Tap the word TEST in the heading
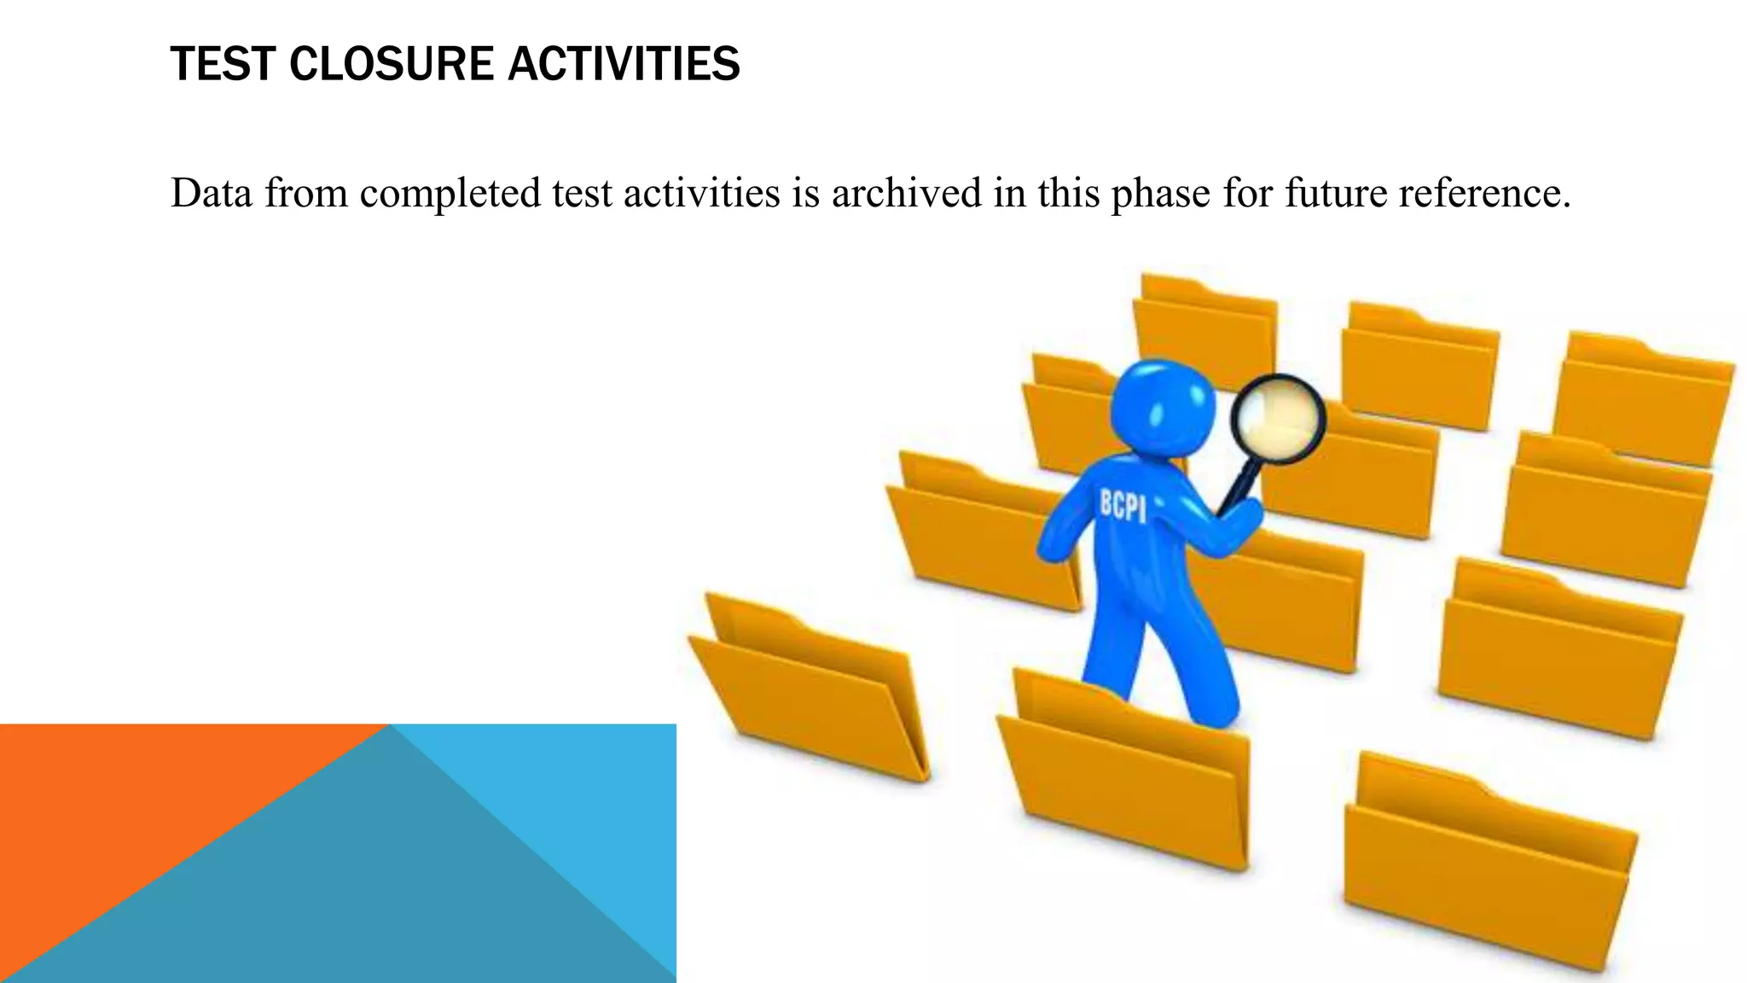point(223,64)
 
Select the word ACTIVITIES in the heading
point(624,64)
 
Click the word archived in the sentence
point(906,193)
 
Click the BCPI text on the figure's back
point(1122,505)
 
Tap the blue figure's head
point(1163,408)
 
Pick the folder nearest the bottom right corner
point(1489,862)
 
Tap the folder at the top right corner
point(1642,401)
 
